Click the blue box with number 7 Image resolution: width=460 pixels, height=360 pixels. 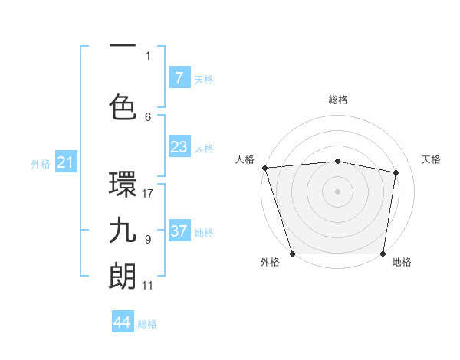[179, 78]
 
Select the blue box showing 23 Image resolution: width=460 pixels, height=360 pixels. [179, 147]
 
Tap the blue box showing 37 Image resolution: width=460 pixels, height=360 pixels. [179, 231]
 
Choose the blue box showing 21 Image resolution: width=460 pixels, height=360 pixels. [65, 162]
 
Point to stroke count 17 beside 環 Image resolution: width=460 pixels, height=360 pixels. [149, 193]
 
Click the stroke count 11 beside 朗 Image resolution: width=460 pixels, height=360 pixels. [148, 286]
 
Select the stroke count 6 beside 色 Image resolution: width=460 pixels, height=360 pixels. [148, 116]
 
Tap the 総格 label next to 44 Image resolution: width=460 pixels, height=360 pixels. [147, 324]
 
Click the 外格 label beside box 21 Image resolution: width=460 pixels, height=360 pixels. [41, 163]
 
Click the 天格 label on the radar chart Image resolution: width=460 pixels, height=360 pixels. [432, 159]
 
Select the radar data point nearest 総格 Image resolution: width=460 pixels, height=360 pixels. [337, 161]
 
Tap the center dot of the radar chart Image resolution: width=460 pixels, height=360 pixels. [337, 191]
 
